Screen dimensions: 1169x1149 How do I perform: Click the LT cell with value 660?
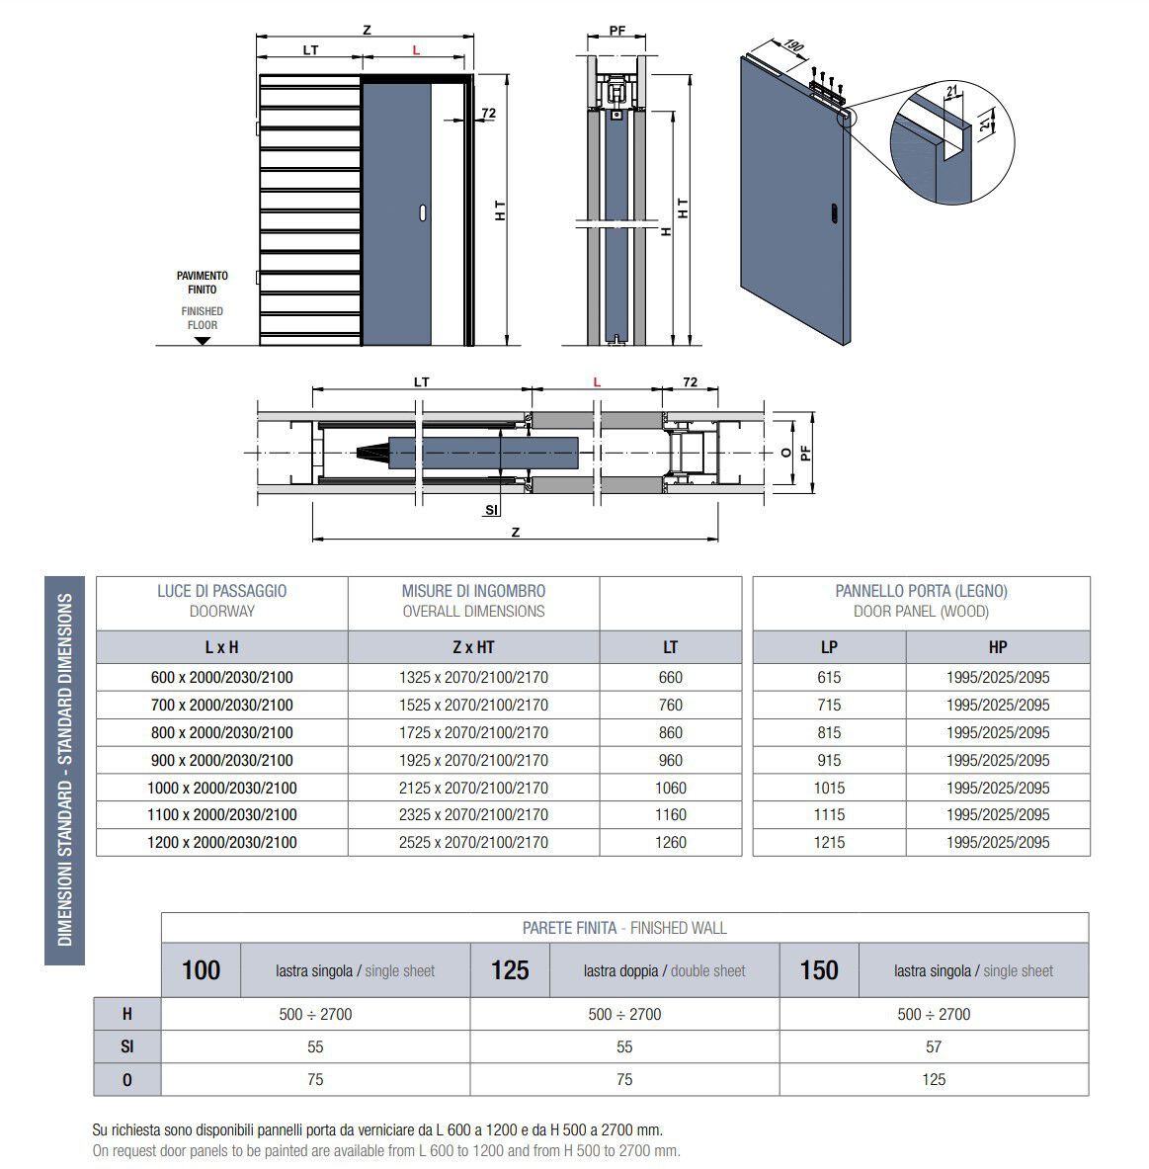pos(670,677)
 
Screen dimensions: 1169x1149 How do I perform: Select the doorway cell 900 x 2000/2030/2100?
pos(221,760)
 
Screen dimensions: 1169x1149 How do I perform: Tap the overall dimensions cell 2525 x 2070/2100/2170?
pos(473,842)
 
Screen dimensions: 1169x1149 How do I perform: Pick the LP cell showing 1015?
pos(829,788)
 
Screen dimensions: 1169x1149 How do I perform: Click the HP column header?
pos(998,647)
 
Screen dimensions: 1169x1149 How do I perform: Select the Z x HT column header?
pos(473,647)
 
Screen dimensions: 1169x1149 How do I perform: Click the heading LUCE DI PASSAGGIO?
pos(221,591)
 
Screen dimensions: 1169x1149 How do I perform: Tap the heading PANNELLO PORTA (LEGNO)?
pos(921,591)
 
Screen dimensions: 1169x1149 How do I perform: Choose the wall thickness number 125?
pos(510,970)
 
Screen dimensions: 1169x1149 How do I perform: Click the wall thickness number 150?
pos(819,970)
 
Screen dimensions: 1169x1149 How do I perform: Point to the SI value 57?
pos(934,1046)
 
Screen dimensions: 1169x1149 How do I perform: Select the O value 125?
pos(934,1079)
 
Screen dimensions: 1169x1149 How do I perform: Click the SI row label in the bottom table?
pos(126,1046)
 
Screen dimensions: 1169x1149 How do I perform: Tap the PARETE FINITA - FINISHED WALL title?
pos(624,928)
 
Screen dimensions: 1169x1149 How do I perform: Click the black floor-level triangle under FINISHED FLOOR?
pos(203,340)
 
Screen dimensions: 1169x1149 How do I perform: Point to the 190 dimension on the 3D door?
pos(791,46)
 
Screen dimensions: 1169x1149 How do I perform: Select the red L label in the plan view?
pos(597,381)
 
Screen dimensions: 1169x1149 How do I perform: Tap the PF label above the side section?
pos(617,31)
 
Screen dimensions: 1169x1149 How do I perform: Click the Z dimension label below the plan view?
pos(515,532)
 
